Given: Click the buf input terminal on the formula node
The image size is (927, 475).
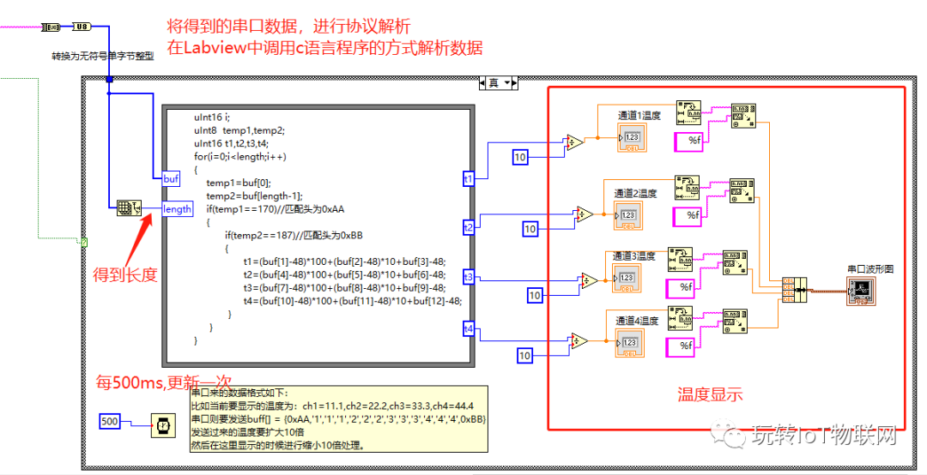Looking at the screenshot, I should click(171, 178).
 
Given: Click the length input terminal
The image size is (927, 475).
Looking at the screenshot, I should click(177, 209).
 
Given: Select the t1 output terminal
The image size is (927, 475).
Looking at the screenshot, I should click(468, 179).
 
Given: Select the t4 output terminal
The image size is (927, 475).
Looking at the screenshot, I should click(468, 328).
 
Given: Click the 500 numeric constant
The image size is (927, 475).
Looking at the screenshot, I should click(110, 422).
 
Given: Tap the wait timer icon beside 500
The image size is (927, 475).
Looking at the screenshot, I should click(161, 422).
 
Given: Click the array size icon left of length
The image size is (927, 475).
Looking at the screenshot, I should click(128, 208).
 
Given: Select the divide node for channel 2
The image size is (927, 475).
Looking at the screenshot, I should click(585, 213).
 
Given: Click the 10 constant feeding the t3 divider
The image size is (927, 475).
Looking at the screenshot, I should click(535, 295).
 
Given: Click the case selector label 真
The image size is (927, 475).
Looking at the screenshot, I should click(494, 83).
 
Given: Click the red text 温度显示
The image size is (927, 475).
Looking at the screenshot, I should click(710, 394).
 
